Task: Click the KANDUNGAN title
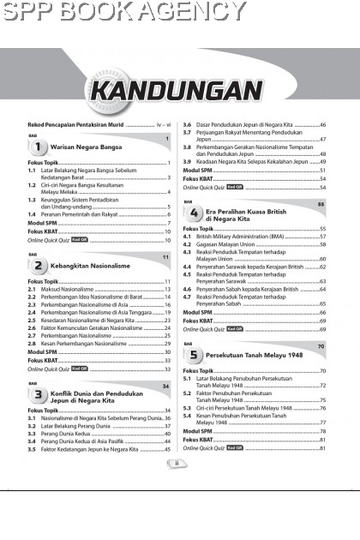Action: pyautogui.click(x=180, y=91)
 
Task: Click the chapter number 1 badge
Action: pyautogui.click(x=38, y=147)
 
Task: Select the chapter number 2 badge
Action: pyautogui.click(x=38, y=267)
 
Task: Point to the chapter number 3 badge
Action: pyautogui.click(x=38, y=396)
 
